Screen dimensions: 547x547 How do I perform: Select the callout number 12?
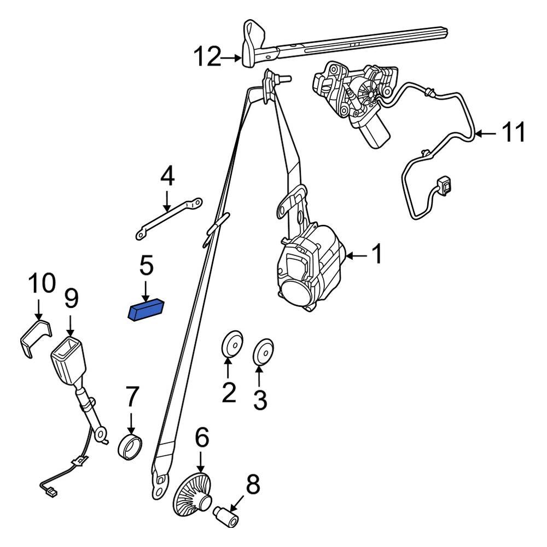pyautogui.click(x=207, y=57)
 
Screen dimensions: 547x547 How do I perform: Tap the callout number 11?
pyautogui.click(x=513, y=132)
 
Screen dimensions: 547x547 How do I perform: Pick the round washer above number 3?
pyautogui.click(x=263, y=351)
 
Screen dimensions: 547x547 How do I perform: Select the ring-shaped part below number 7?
pyautogui.click(x=131, y=446)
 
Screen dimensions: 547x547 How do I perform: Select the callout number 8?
pyautogui.click(x=253, y=485)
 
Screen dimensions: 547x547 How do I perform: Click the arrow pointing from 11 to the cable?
pyautogui.click(x=485, y=132)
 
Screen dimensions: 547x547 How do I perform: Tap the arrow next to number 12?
pyautogui.click(x=231, y=57)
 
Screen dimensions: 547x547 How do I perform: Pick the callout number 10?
pyautogui.click(x=42, y=284)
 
